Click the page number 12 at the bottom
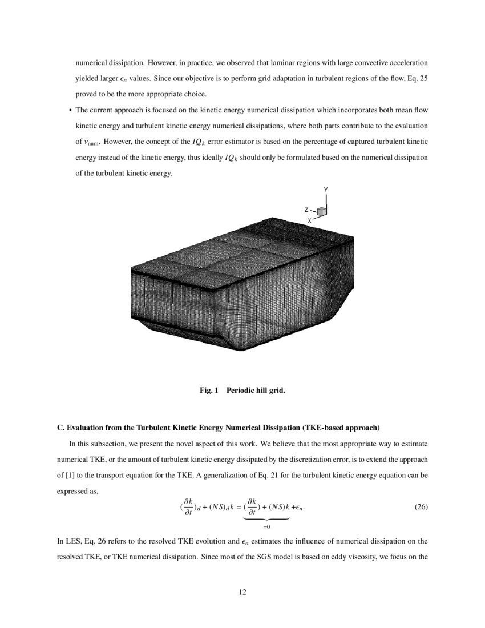[x=242, y=592]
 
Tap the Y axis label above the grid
[x=326, y=189]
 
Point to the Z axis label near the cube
[x=306, y=210]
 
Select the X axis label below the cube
[x=310, y=220]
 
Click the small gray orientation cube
[x=322, y=212]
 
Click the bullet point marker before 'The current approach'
[x=70, y=109]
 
